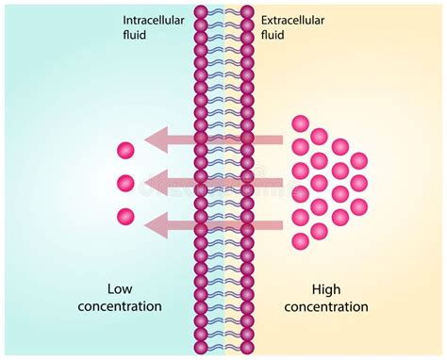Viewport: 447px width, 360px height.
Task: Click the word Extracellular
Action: [x=292, y=19]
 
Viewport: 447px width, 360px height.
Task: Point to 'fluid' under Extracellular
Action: [x=274, y=35]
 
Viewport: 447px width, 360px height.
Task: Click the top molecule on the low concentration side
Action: [x=125, y=150]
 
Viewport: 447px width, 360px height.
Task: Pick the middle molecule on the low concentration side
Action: [x=125, y=183]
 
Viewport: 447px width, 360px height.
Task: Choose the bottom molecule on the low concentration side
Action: [x=125, y=217]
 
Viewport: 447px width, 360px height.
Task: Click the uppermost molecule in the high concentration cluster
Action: [x=301, y=123]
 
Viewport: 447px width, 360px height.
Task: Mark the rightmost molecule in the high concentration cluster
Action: [x=359, y=183]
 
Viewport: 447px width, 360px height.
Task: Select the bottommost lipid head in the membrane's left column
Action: [x=200, y=349]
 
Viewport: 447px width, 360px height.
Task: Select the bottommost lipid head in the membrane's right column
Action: [x=247, y=349]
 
